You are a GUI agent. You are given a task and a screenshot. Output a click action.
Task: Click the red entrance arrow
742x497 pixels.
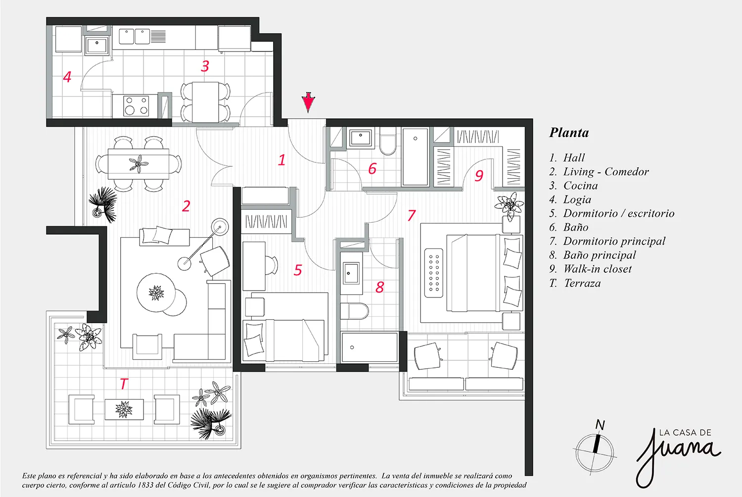point(308,102)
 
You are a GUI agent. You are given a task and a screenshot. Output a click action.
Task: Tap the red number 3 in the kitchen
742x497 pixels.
point(205,66)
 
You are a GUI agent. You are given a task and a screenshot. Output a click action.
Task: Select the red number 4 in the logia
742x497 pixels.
point(67,77)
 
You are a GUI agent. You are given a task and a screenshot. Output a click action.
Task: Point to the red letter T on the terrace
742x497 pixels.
point(124,384)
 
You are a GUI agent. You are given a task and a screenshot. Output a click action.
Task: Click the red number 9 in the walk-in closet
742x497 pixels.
point(479,175)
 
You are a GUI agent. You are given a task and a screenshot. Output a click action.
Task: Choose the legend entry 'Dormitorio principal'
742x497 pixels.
point(614,241)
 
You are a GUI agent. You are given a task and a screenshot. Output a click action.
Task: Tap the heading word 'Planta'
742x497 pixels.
point(569,133)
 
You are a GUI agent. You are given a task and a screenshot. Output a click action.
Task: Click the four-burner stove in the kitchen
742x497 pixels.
point(136,106)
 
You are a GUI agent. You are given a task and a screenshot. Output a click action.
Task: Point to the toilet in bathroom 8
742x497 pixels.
point(355,311)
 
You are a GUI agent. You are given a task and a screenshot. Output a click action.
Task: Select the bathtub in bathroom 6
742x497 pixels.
point(416,156)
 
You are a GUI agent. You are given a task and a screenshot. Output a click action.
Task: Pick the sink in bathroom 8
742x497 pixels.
point(350,273)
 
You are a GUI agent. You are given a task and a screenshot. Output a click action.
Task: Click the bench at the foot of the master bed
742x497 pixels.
point(434,273)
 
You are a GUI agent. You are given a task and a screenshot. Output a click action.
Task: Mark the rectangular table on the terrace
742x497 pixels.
point(124,409)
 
